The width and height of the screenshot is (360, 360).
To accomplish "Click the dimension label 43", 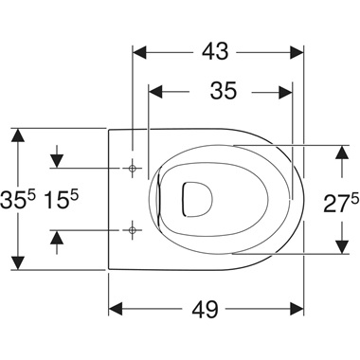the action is coord(215,51).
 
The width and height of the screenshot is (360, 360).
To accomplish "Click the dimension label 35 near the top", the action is coord(224,91).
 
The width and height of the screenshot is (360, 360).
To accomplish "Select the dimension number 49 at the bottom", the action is coord(206,309).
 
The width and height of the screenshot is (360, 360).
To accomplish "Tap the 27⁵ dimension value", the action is coord(341,205).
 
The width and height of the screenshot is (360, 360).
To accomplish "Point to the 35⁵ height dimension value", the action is coord(18,200).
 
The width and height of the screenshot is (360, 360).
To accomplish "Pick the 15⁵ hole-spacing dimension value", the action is coord(61,200).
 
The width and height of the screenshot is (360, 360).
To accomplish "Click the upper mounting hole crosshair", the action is coord(133,168).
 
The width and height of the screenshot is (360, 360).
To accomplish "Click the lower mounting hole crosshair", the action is coord(133,230).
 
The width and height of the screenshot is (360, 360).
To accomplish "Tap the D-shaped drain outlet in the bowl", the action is coord(197,199).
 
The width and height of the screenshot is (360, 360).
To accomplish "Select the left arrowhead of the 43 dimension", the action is coord(139,52).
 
